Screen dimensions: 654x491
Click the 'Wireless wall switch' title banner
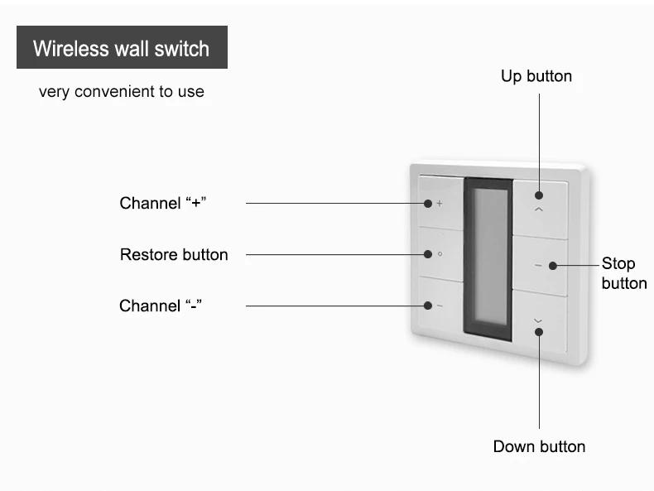coord(122,48)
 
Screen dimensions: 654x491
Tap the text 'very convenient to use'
coord(121,91)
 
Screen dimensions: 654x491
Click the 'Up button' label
coord(536,76)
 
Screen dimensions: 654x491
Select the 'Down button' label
coord(539,446)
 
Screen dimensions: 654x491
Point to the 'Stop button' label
coord(623,274)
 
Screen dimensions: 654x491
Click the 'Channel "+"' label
coord(163,203)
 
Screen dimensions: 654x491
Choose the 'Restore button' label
coord(174,254)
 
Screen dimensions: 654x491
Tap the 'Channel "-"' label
coord(161,306)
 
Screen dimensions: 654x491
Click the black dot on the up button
coord(539,195)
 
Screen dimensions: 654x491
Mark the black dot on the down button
coord(539,332)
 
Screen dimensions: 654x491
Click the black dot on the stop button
coord(551,265)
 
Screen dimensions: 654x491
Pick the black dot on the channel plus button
coord(427,204)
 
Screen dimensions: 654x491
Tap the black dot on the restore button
coord(427,254)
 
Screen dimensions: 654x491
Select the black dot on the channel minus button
coord(427,306)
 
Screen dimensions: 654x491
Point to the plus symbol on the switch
coord(440,203)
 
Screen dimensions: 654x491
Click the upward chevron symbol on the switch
coord(539,211)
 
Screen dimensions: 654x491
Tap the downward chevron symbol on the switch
coord(539,320)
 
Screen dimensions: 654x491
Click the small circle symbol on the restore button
coord(440,254)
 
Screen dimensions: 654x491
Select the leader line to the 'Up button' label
coord(540,141)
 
